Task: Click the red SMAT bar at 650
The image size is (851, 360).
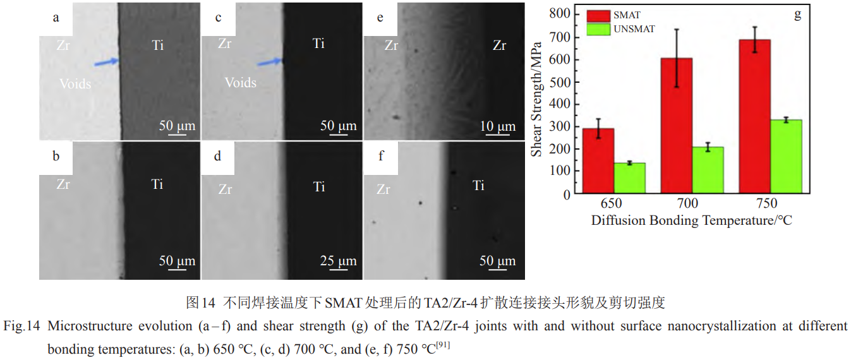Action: [x=598, y=160]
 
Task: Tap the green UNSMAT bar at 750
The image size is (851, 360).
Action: [x=787, y=156]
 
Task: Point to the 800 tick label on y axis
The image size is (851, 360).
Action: [x=559, y=14]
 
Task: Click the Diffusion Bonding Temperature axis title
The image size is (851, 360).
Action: [x=692, y=220]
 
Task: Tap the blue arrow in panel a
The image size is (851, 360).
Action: [x=106, y=62]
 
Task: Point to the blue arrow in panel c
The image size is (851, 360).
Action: [x=270, y=61]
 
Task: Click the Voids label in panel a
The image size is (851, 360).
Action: [x=75, y=83]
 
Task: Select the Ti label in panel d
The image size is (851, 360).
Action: [x=319, y=186]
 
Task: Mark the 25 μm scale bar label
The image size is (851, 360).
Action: [x=338, y=261]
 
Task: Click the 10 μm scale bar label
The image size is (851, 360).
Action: [x=498, y=126]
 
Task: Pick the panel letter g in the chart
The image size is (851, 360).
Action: [x=797, y=15]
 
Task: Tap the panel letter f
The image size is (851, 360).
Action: [x=380, y=155]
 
